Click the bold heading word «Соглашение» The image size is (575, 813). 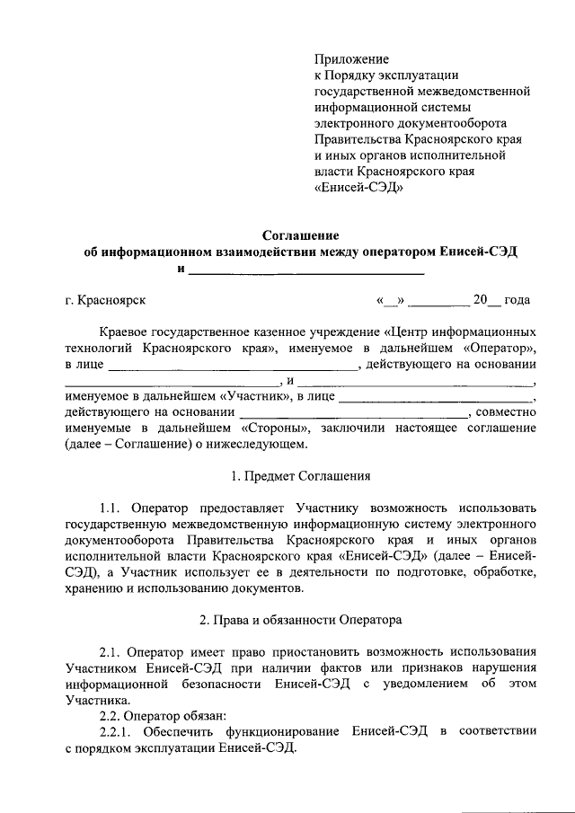(x=301, y=236)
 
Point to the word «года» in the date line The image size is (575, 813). (x=517, y=299)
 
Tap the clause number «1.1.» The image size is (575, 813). (x=113, y=508)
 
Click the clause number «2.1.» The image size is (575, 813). (x=113, y=651)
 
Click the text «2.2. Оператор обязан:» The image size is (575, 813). (x=157, y=716)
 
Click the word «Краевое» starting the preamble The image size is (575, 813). (x=124, y=331)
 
